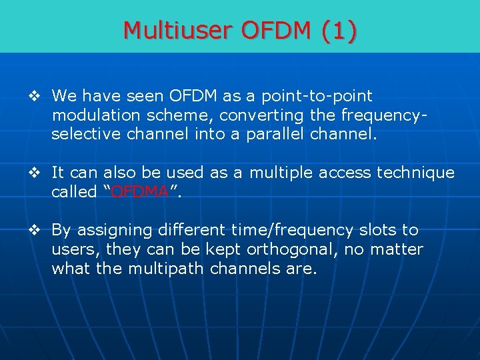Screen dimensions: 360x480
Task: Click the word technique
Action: [x=415, y=173]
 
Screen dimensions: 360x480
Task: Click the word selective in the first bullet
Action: [x=83, y=135]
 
